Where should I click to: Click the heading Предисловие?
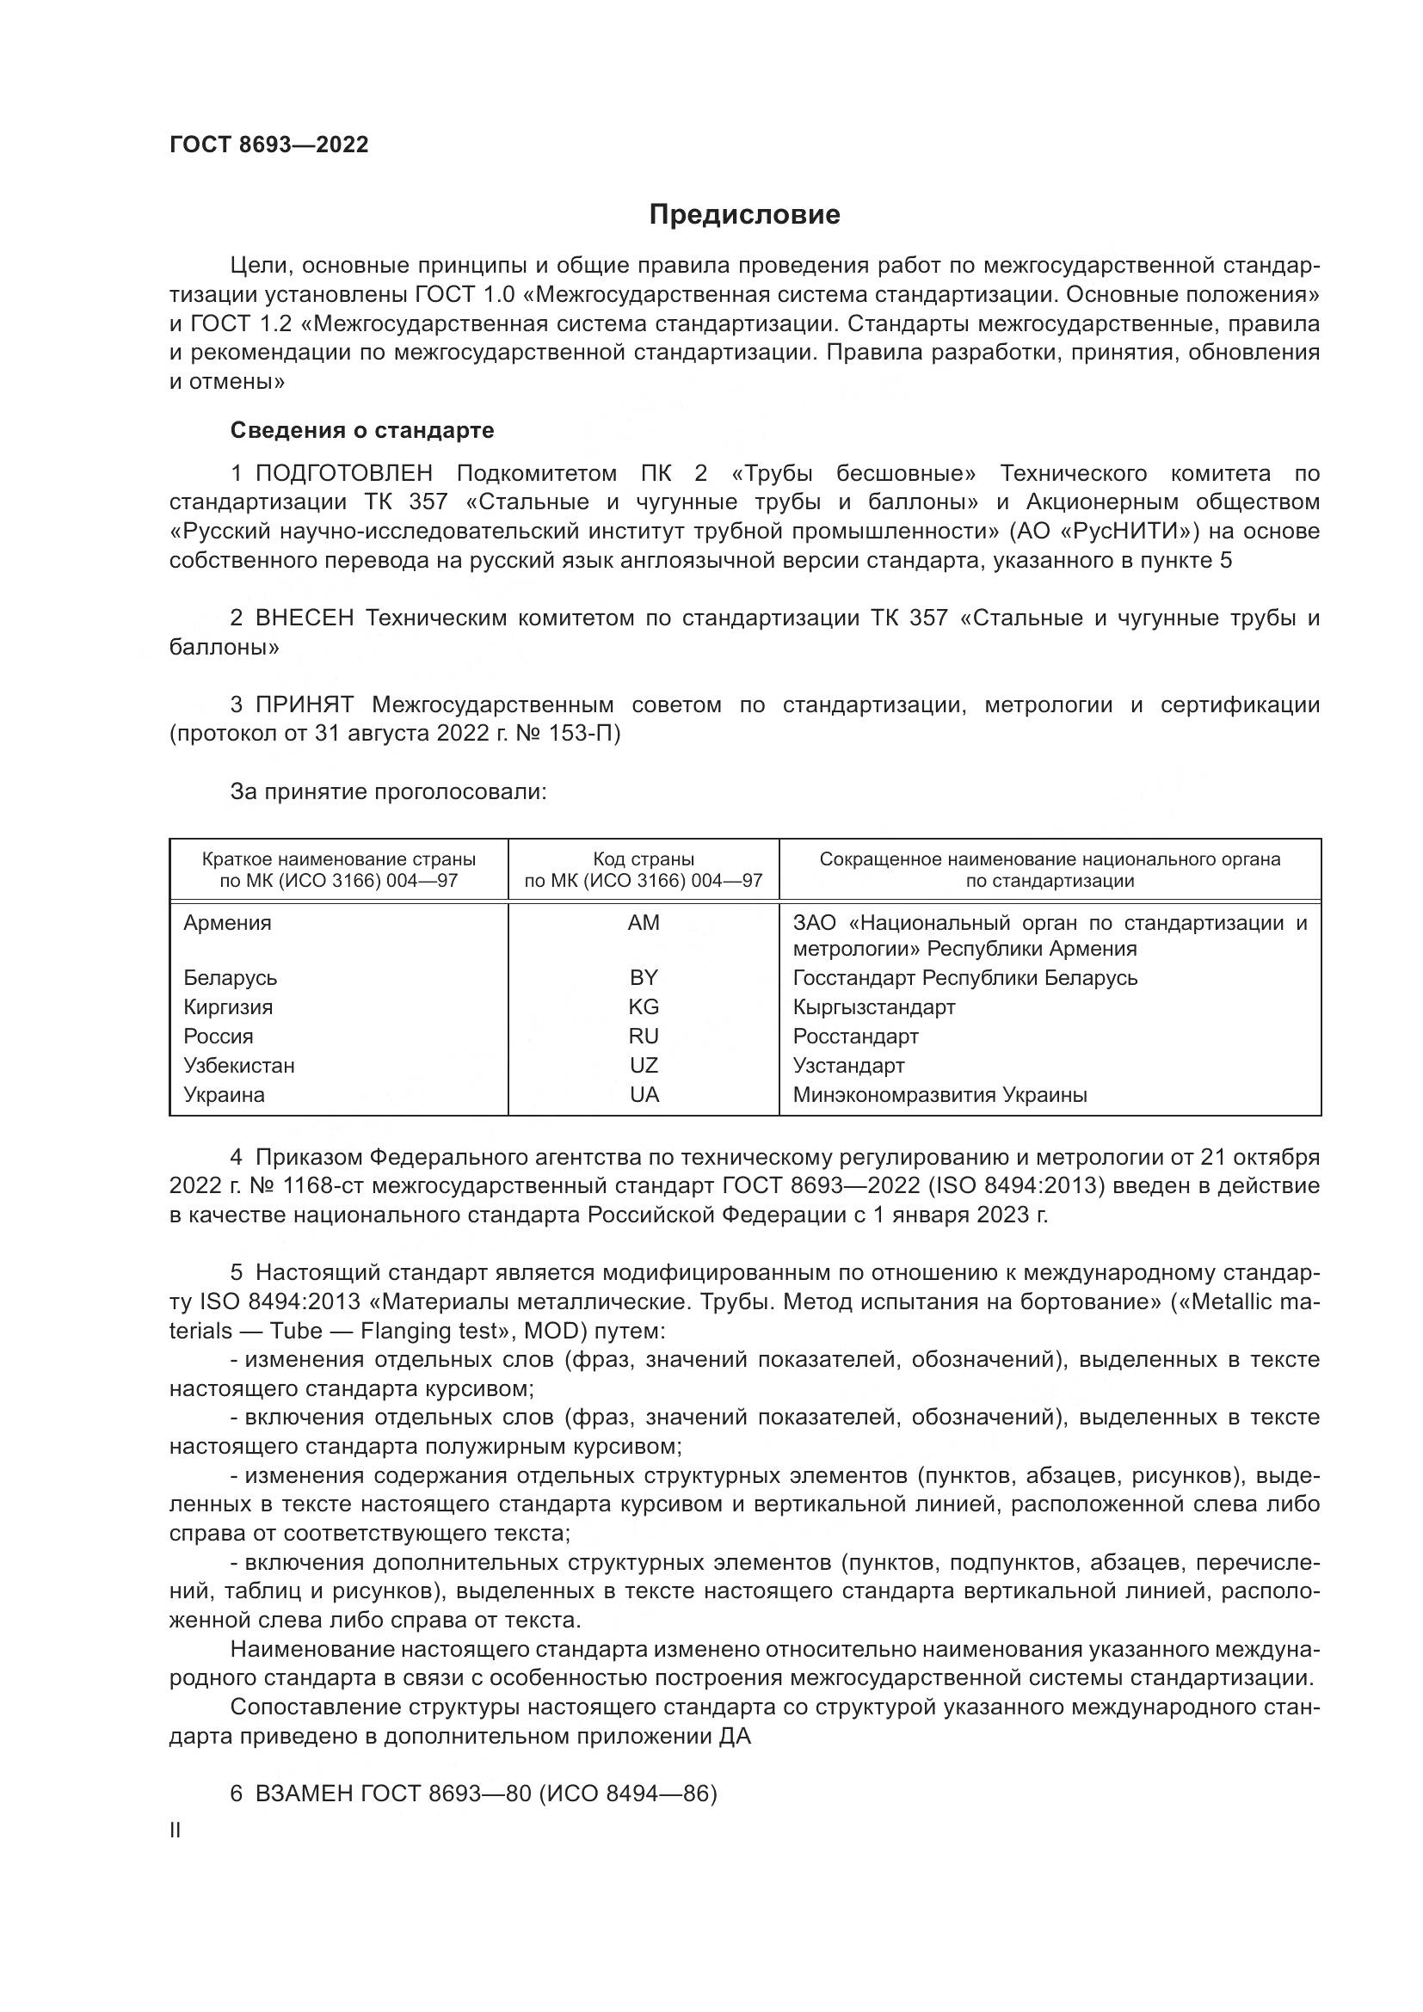pyautogui.click(x=744, y=215)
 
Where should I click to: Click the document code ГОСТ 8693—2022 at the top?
pyautogui.click(x=269, y=145)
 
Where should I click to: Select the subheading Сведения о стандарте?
pyautogui.click(x=362, y=430)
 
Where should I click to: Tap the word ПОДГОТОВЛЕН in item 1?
pyautogui.click(x=343, y=474)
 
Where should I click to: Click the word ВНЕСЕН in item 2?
pyautogui.click(x=304, y=618)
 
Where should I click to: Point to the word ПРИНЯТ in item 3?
pyautogui.click(x=304, y=705)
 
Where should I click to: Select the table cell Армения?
pyautogui.click(x=228, y=923)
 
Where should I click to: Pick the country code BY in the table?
pyautogui.click(x=644, y=978)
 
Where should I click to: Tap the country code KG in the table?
pyautogui.click(x=644, y=1007)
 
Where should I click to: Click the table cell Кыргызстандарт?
pyautogui.click(x=873, y=1007)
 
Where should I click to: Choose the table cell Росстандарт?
pyautogui.click(x=855, y=1037)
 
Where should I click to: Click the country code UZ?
pyautogui.click(x=644, y=1066)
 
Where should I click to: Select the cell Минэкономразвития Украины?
pyautogui.click(x=939, y=1094)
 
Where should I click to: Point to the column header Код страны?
pyautogui.click(x=644, y=859)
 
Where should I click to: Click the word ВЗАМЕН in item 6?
pyautogui.click(x=303, y=1794)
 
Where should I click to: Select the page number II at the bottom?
pyautogui.click(x=176, y=1830)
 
